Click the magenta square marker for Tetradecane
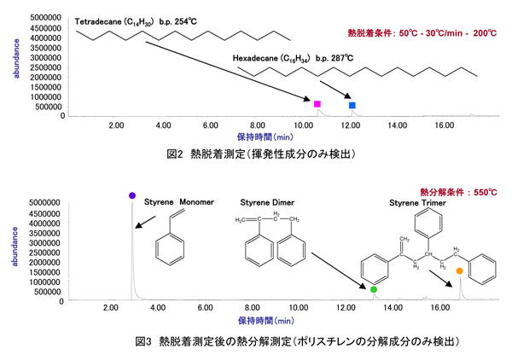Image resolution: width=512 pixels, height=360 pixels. [317, 103]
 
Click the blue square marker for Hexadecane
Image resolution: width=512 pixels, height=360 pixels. [352, 105]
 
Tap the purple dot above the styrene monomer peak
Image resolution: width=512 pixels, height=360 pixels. [131, 195]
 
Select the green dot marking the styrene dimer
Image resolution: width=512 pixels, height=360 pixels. [374, 290]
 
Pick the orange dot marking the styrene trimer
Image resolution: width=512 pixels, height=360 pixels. [459, 271]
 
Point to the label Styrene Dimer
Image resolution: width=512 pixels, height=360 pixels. [270, 203]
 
